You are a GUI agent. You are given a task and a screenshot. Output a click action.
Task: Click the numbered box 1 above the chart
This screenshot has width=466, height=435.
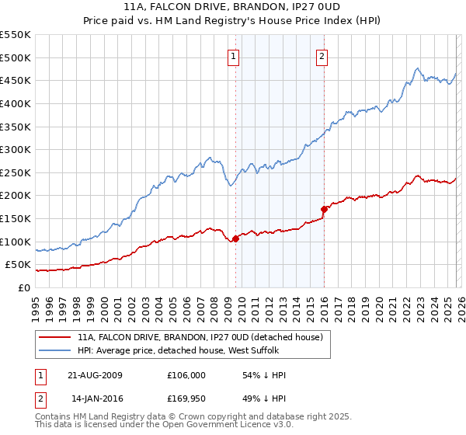pyautogui.click(x=234, y=55)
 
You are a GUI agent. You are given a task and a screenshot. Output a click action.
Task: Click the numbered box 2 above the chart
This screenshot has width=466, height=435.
pyautogui.click(x=322, y=55)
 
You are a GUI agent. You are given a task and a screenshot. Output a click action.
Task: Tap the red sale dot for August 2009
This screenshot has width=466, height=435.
pyautogui.click(x=236, y=238)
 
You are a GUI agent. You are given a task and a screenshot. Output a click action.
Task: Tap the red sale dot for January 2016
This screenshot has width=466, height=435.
pyautogui.click(x=324, y=209)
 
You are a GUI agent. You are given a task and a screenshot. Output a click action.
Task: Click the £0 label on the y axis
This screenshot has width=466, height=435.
pyautogui.click(x=24, y=287)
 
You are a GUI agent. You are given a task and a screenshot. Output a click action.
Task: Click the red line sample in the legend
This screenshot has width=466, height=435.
pyautogui.click(x=55, y=337)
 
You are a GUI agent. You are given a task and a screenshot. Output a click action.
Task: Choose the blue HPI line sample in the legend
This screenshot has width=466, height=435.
pyautogui.click(x=55, y=351)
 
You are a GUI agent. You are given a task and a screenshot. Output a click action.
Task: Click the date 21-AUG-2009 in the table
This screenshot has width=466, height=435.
pyautogui.click(x=96, y=375)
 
